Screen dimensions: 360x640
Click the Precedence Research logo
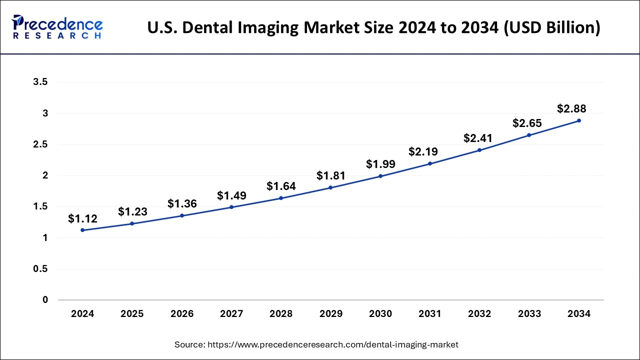57,27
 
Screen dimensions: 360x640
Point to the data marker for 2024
82,230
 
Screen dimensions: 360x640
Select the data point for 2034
579,120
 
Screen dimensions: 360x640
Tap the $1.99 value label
380,163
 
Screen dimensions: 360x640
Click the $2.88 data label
571,108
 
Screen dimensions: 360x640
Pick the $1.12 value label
82,218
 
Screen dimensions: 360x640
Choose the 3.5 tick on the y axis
40,82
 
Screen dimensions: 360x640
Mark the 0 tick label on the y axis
45,300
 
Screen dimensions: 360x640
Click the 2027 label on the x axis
231,314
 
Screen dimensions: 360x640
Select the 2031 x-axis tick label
430,314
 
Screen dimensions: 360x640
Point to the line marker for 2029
330,187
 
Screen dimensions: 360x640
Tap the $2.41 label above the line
479,137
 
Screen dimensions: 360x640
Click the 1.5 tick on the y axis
40,206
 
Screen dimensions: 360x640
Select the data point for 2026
182,215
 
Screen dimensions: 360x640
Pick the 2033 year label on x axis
529,314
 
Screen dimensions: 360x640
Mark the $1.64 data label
281,186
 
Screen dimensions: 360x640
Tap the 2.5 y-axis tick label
40,144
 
